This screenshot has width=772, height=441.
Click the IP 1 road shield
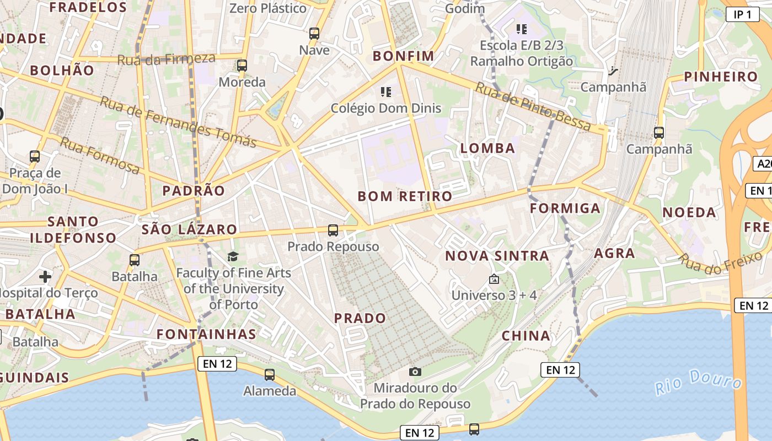point(742,15)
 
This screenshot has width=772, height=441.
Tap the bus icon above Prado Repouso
point(333,230)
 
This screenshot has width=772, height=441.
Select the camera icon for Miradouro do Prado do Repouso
point(415,372)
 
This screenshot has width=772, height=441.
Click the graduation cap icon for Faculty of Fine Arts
point(233,257)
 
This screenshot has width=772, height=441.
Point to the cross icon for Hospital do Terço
point(45,276)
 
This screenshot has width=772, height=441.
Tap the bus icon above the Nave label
point(314,34)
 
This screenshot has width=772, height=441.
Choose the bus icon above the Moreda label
point(242,66)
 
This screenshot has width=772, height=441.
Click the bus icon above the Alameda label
point(270,375)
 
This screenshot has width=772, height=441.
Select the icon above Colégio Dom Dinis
point(386,92)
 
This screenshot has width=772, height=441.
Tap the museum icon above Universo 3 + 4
point(494,279)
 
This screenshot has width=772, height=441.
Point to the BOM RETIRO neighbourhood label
point(405,196)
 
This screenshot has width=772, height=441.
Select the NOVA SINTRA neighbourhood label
point(497,256)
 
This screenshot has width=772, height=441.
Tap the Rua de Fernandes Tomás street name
point(178,122)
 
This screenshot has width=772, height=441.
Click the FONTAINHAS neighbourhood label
point(206,334)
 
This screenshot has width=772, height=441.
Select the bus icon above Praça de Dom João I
point(35,157)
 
